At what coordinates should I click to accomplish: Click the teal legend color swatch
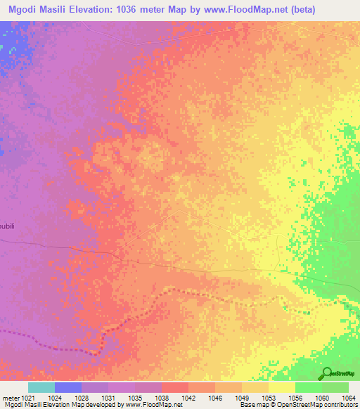point(41,387)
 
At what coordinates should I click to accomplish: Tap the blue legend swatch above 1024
point(68,387)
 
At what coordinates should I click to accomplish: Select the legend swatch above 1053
point(281,387)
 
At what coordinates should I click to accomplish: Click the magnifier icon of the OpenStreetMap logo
point(326,373)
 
